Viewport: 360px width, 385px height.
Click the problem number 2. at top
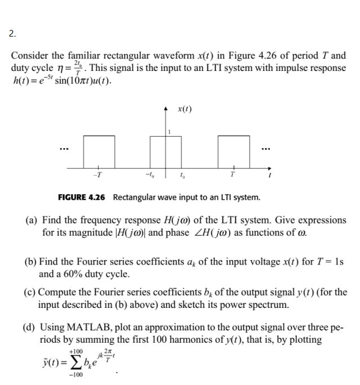tap(12, 34)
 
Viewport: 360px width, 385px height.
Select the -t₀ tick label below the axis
tap(149, 175)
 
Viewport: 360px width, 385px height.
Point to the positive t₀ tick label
tap(182, 175)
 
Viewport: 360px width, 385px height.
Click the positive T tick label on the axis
tap(231, 175)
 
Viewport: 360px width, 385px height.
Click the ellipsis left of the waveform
tap(65, 150)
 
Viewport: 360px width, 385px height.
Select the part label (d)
tap(32, 328)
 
